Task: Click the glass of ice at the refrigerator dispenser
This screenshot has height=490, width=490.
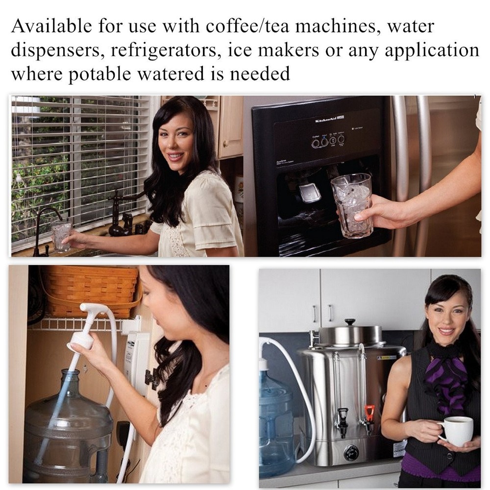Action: point(351,205)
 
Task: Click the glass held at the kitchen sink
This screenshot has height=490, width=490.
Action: point(61,235)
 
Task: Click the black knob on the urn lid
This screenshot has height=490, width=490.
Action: point(350,322)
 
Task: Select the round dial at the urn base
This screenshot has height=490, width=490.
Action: point(351,452)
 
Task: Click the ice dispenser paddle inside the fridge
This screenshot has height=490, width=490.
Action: point(309,192)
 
